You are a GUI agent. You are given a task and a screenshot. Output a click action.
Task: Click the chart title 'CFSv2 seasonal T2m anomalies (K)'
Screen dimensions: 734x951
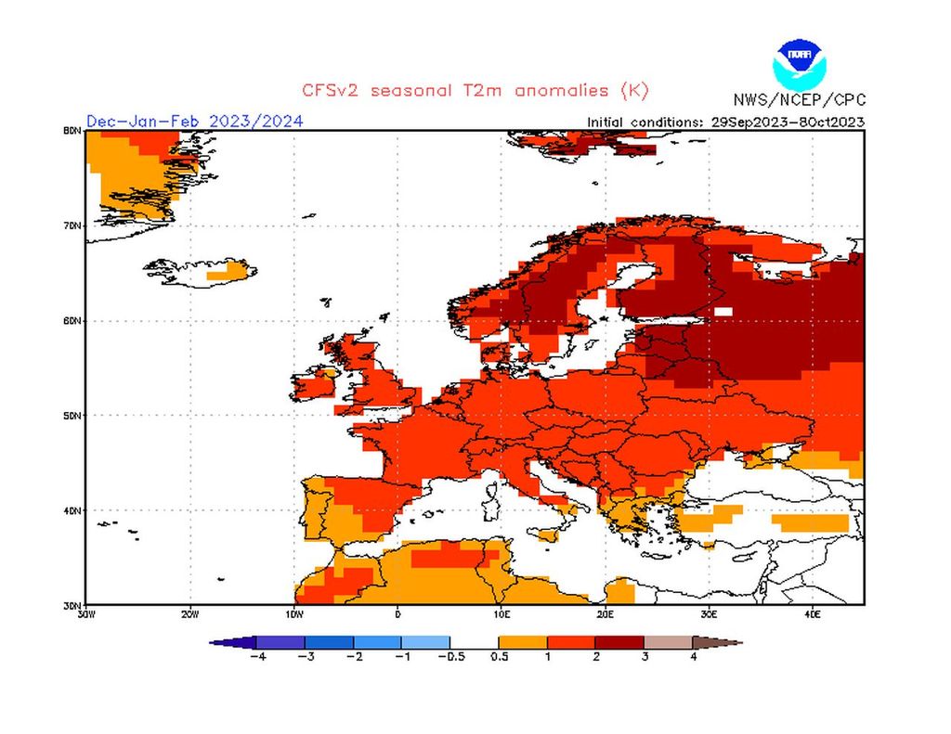(475, 90)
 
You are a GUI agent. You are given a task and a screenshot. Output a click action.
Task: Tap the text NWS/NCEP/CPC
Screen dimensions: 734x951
(799, 99)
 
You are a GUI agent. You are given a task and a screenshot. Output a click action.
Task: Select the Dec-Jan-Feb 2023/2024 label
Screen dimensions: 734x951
(194, 122)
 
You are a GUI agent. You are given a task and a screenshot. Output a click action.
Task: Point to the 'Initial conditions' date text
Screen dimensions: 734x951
(725, 122)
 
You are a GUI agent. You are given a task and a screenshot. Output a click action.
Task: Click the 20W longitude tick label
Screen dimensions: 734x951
(189, 613)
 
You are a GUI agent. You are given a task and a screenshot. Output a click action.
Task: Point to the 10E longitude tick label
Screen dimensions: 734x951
(502, 613)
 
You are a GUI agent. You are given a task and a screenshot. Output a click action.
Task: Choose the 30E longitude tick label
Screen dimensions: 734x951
(709, 613)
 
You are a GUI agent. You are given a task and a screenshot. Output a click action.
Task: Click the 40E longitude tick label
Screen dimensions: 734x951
(812, 613)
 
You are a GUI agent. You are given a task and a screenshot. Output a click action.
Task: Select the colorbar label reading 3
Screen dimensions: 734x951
(644, 657)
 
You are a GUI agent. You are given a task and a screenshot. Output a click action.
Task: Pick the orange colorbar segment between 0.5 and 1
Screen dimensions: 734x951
(523, 641)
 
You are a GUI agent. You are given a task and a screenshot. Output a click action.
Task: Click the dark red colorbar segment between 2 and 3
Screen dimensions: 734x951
(619, 641)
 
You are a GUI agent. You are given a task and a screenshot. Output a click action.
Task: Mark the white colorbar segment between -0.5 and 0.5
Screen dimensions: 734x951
(475, 641)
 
